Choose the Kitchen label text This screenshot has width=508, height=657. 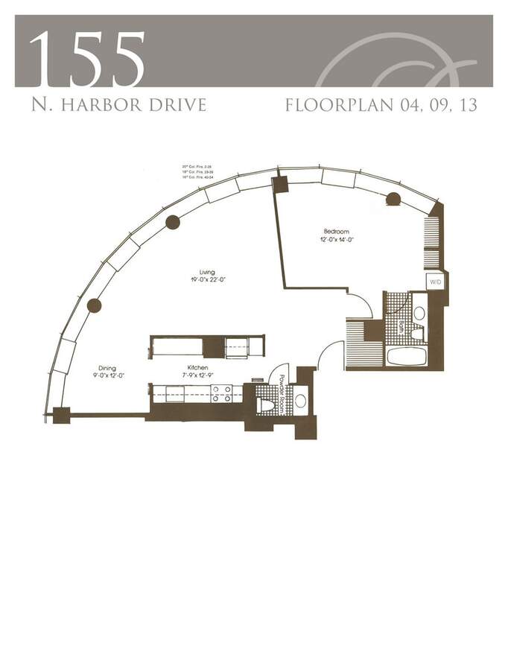point(196,367)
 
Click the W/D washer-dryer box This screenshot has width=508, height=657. point(435,282)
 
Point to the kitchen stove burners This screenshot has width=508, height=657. point(221,393)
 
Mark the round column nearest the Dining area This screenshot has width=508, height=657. point(94,305)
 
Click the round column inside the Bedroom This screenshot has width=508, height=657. point(393,199)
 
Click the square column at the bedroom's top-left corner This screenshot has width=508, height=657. point(281,184)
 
